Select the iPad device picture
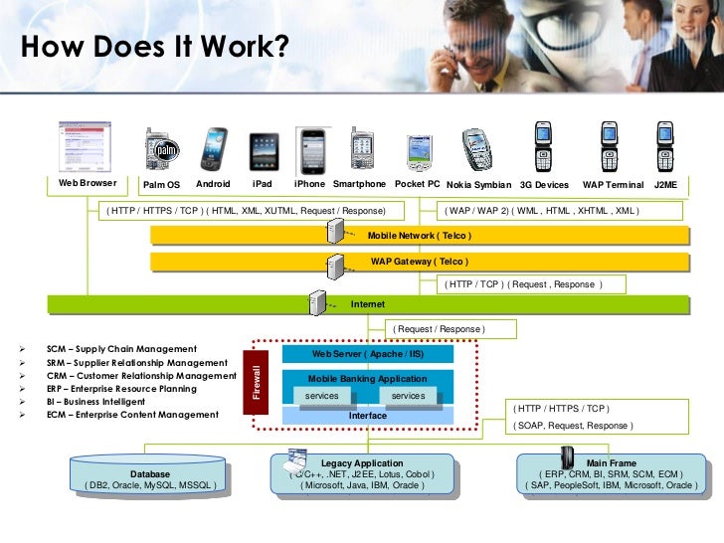tap(264, 151)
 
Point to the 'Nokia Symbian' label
tap(478, 185)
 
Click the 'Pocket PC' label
tap(417, 184)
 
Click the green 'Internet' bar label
tap(368, 304)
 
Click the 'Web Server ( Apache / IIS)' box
tap(368, 354)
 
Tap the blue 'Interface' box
tap(368, 416)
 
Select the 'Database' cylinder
tap(150, 477)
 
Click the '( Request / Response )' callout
tap(439, 328)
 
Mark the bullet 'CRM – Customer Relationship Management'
tap(140, 376)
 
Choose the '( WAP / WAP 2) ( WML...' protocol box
tap(543, 211)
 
